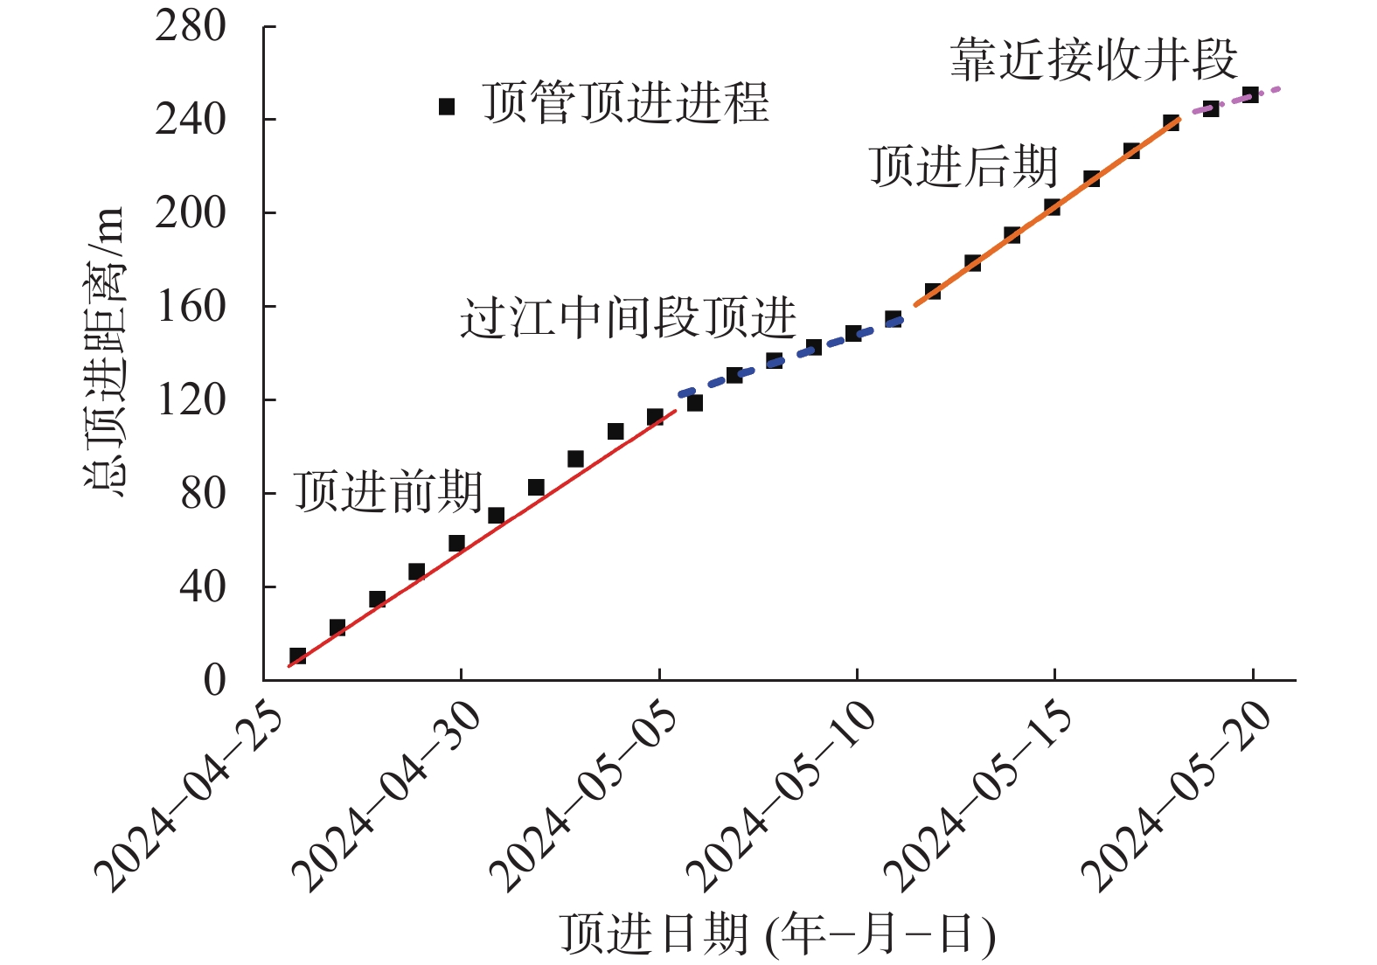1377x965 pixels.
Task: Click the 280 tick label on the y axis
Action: pos(191,27)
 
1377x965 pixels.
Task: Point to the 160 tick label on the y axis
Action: pos(191,307)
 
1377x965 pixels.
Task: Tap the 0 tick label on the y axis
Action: pos(214,681)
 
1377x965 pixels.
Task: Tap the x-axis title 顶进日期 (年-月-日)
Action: pos(777,934)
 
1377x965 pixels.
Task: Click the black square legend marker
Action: pos(447,107)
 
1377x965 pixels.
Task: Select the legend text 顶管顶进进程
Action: pos(625,103)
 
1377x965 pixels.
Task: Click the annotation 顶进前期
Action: pos(387,491)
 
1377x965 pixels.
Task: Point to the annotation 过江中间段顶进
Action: pos(628,317)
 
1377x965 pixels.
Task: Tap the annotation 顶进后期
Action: pos(963,166)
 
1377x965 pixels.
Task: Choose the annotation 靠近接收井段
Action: pos(1094,60)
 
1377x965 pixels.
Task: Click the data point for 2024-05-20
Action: pos(1250,94)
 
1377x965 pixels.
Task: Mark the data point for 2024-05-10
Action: pos(853,333)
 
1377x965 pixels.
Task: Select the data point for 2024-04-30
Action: pos(456,543)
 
